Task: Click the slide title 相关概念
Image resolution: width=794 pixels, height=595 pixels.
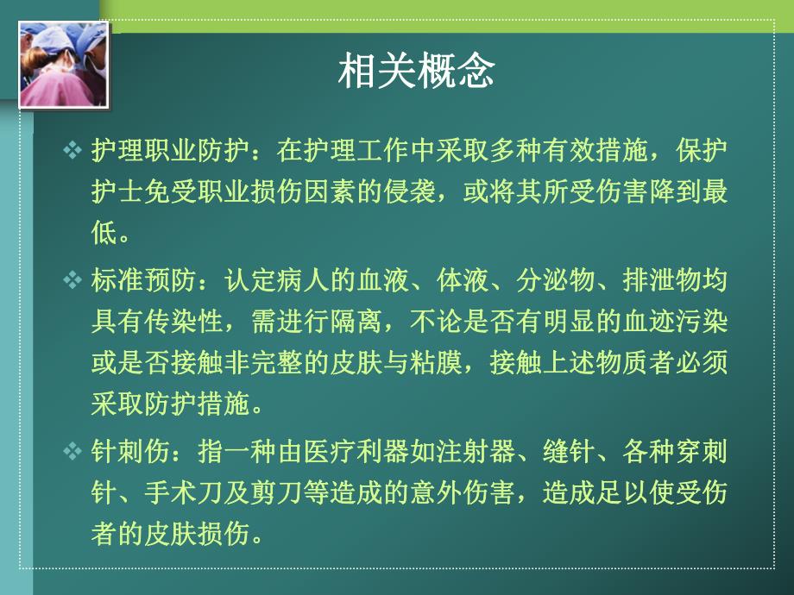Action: click(416, 72)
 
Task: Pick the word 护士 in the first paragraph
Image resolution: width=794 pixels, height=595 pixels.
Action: click(113, 191)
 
